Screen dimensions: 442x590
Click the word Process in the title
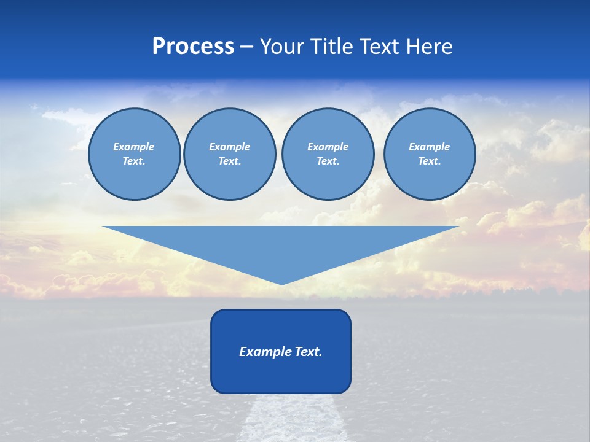click(x=193, y=47)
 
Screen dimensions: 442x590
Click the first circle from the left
click(x=134, y=154)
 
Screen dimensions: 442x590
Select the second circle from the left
click(x=229, y=154)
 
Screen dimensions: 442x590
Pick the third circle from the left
click(x=328, y=154)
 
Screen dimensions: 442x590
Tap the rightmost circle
click(x=429, y=154)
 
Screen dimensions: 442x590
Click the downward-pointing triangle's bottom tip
click(x=281, y=283)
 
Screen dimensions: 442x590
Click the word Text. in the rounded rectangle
click(x=307, y=352)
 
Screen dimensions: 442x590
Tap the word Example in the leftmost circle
click(x=134, y=147)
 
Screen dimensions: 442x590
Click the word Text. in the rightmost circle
click(x=429, y=161)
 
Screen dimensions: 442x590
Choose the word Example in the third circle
click(x=328, y=147)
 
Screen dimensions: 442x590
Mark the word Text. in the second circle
click(x=229, y=161)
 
